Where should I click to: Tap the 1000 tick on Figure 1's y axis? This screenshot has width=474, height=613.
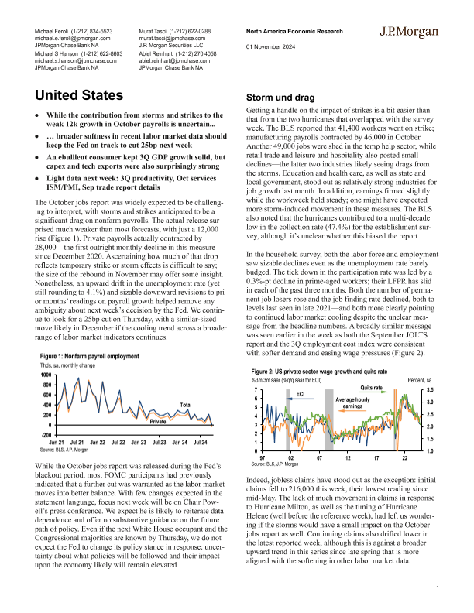click(x=46, y=375)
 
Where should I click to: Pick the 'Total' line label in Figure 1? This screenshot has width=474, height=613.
click(x=186, y=405)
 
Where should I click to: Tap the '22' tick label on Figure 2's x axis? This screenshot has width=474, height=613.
click(x=404, y=457)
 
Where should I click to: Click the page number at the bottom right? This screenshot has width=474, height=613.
click(x=438, y=590)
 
